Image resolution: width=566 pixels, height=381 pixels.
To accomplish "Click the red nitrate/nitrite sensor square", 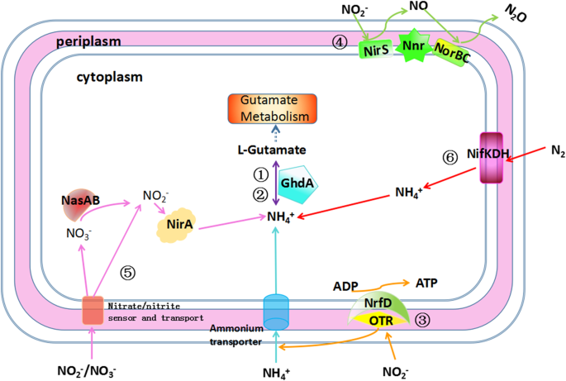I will click(x=93, y=310).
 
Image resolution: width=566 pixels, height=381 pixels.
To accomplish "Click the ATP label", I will click(x=426, y=283).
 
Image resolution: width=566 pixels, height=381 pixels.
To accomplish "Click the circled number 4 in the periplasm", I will click(x=338, y=41).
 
